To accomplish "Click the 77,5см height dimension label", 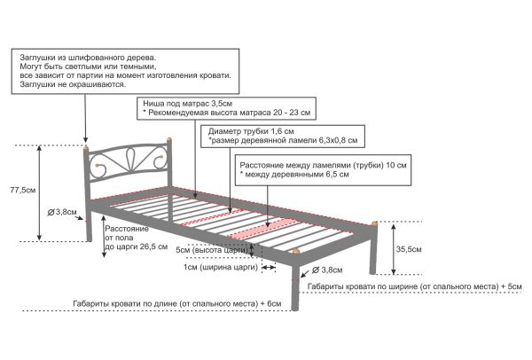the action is (23, 190).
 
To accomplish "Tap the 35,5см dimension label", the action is (409, 249).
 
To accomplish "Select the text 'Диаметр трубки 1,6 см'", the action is (251, 131).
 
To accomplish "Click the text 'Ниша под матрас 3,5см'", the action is (187, 104).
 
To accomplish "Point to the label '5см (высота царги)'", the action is (212, 250).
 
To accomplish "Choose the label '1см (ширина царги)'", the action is (221, 267).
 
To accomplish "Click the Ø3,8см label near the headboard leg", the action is (62, 213).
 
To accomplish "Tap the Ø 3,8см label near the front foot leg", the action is (327, 270).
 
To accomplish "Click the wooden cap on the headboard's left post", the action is (86, 147).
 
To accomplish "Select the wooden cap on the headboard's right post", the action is (169, 140).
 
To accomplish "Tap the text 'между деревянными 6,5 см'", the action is (297, 175).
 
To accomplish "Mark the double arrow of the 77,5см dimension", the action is (40, 193).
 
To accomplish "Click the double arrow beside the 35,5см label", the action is (393, 248).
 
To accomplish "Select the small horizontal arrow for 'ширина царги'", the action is (269, 268).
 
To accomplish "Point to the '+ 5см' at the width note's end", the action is (512, 286).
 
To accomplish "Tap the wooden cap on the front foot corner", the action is (296, 252).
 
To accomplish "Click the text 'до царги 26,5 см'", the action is (137, 247).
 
